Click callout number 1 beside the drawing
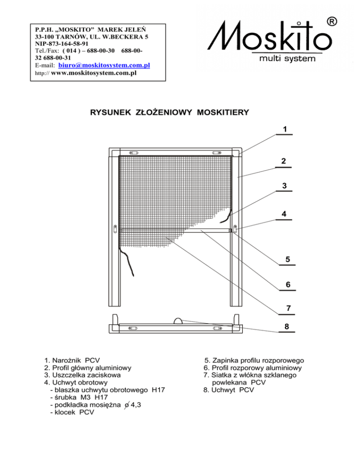[x=285, y=128]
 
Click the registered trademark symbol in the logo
[x=331, y=22]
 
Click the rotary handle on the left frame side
[x=115, y=229]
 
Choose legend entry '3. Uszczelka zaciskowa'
[x=82, y=376]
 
